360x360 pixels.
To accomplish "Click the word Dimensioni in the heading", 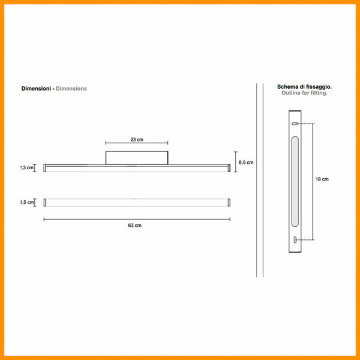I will pyautogui.click(x=35, y=89).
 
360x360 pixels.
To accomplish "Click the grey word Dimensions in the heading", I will pyautogui.click(x=71, y=89).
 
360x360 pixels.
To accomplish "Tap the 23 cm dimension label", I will pyautogui.click(x=137, y=140).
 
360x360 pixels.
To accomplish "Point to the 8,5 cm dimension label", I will pyautogui.click(x=246, y=163).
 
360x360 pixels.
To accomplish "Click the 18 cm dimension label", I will pyautogui.click(x=322, y=179).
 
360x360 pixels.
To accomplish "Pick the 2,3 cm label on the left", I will pyautogui.click(x=28, y=168).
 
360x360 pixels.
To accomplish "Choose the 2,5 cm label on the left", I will pyautogui.click(x=28, y=202).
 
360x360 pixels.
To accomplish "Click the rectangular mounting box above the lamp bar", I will pyautogui.click(x=137, y=157).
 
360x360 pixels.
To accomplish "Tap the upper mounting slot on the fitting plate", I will pyautogui.click(x=295, y=124).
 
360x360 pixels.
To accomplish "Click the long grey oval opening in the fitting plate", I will pyautogui.click(x=295, y=181).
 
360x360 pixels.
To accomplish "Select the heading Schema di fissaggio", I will pyautogui.click(x=304, y=87).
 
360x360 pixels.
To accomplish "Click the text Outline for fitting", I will pyautogui.click(x=304, y=94).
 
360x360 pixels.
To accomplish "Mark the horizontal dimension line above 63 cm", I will pyautogui.click(x=137, y=220).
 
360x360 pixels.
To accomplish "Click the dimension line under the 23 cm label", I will pyautogui.click(x=137, y=143).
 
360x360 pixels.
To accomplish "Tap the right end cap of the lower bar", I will pyautogui.click(x=229, y=202).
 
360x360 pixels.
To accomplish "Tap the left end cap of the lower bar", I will pyautogui.click(x=44, y=202).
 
